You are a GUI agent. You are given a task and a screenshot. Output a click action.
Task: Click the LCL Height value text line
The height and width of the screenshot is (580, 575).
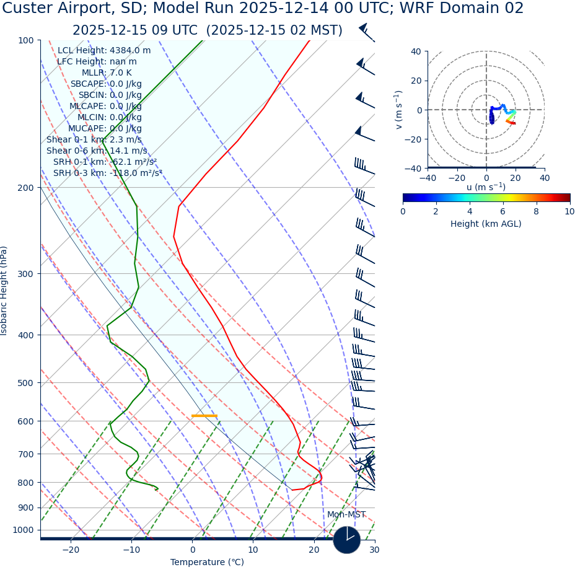point(104,51)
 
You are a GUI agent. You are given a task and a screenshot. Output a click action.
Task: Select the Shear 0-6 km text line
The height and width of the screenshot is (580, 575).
point(97,151)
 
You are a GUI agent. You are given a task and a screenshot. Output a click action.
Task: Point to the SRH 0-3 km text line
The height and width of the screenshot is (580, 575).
point(107,173)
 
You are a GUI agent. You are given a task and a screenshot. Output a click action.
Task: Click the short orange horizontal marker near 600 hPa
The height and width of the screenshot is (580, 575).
point(204,416)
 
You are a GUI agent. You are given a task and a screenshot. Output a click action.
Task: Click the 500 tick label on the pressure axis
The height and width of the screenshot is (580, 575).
point(25,383)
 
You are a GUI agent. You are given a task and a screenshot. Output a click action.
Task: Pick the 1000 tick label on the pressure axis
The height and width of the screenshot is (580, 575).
point(23,530)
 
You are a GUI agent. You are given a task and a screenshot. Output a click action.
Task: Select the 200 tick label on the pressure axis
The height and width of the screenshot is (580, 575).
point(25,188)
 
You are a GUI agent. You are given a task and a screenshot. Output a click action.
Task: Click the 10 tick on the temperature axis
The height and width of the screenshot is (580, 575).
point(253,550)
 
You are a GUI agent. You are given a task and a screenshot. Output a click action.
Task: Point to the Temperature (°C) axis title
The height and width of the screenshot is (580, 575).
point(207,563)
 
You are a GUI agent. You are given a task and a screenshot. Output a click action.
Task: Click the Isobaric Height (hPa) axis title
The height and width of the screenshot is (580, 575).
point(4,291)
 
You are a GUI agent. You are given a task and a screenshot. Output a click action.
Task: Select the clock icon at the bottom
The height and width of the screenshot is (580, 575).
point(347,540)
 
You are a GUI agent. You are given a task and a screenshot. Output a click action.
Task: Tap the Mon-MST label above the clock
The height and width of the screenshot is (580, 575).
point(346,515)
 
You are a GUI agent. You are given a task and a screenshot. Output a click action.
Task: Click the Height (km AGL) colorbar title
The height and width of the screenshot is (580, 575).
point(486,224)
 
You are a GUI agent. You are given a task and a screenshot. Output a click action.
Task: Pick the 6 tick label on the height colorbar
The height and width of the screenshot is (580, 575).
point(503,211)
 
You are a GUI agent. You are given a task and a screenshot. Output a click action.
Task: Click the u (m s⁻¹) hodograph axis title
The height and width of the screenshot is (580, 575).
point(486,187)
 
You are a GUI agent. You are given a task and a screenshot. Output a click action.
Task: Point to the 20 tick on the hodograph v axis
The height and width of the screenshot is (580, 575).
point(415,81)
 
